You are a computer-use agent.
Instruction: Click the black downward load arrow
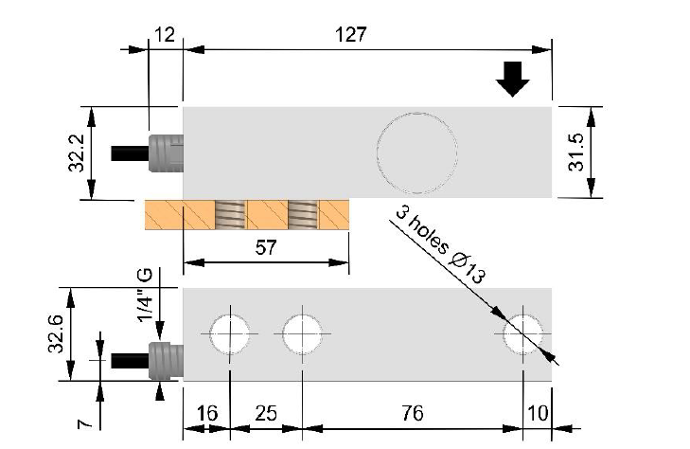513,80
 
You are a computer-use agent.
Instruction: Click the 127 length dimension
351,34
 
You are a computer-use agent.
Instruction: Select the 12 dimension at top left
164,34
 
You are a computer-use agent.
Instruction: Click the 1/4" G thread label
145,295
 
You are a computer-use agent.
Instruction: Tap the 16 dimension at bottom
205,414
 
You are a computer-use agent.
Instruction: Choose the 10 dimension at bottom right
538,414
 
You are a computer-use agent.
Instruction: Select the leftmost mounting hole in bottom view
230,334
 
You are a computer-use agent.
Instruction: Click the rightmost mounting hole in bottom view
522,334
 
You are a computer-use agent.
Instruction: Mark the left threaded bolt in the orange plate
230,215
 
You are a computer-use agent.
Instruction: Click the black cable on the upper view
128,153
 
